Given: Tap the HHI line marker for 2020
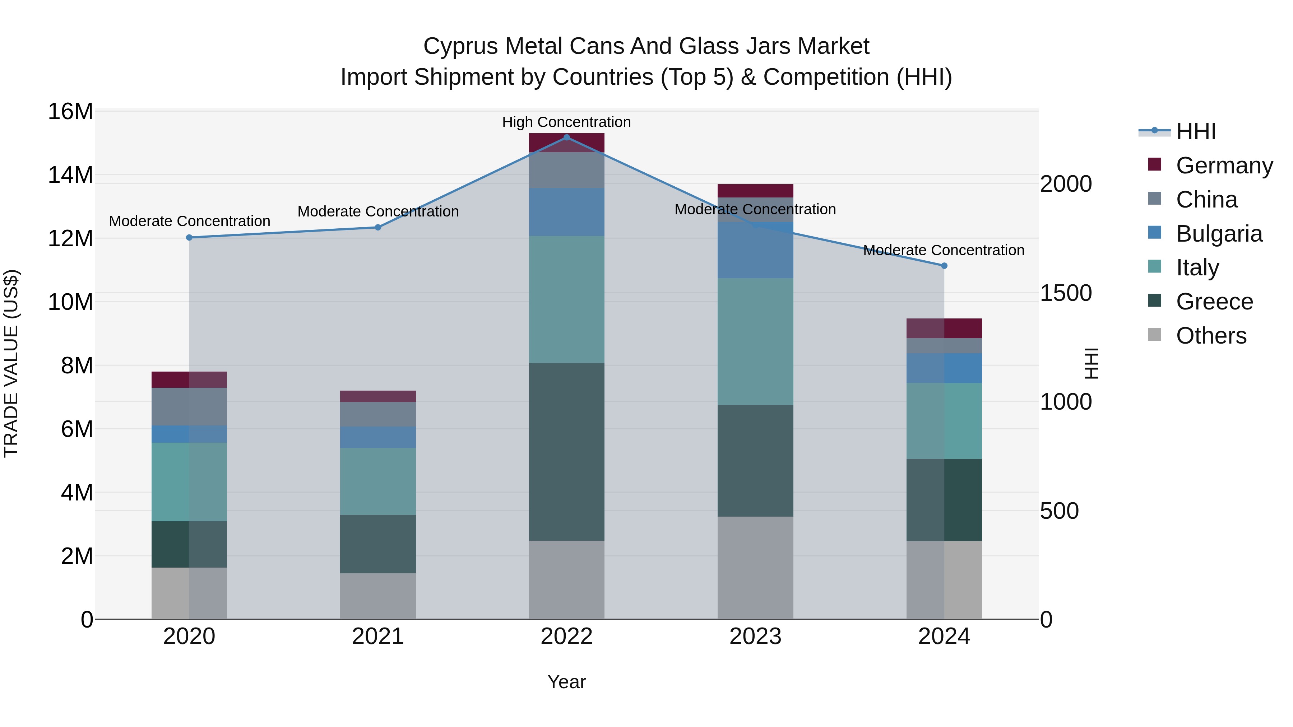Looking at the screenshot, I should (189, 238).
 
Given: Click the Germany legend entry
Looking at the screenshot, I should (1224, 166).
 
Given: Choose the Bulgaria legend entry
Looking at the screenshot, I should (1219, 234).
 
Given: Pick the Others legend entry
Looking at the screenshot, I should (1211, 336).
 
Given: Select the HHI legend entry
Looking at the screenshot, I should (1196, 131).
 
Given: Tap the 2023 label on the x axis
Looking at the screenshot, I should (755, 637).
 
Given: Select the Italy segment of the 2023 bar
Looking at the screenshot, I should (755, 341).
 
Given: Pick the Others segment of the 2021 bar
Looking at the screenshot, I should (377, 596).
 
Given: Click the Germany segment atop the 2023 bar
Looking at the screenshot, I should (755, 191).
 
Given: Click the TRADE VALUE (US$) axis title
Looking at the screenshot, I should (11, 363).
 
